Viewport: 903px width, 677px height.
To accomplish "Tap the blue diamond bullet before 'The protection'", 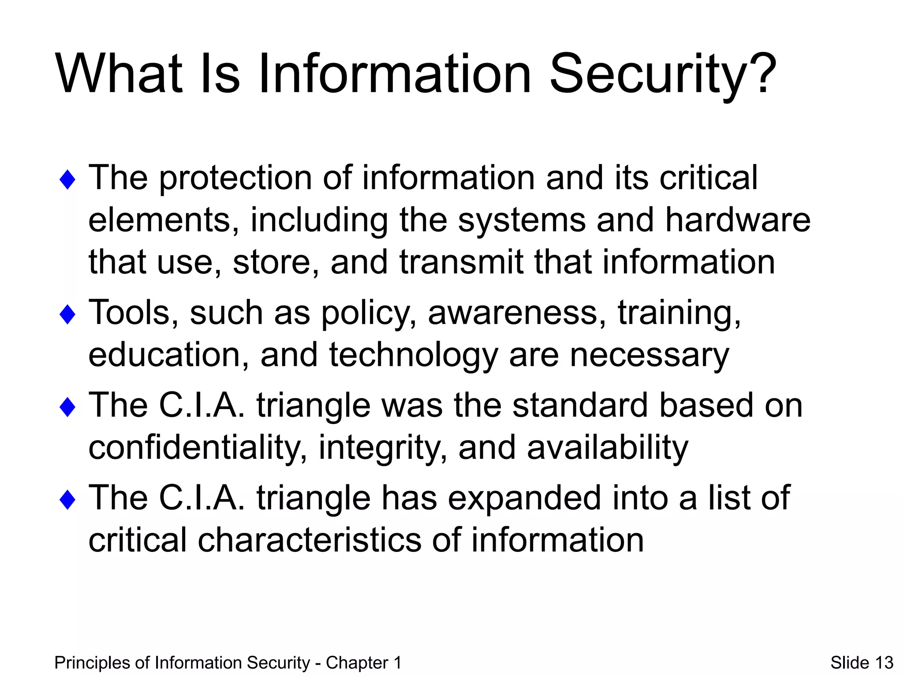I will click(67, 180).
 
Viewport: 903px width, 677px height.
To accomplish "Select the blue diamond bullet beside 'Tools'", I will click(67, 315).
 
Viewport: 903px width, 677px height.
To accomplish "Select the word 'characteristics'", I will click(309, 540).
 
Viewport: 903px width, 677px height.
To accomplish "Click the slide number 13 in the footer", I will click(884, 662).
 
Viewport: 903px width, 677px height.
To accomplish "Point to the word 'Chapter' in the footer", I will click(357, 663).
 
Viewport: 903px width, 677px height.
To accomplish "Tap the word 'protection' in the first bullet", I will click(235, 178).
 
